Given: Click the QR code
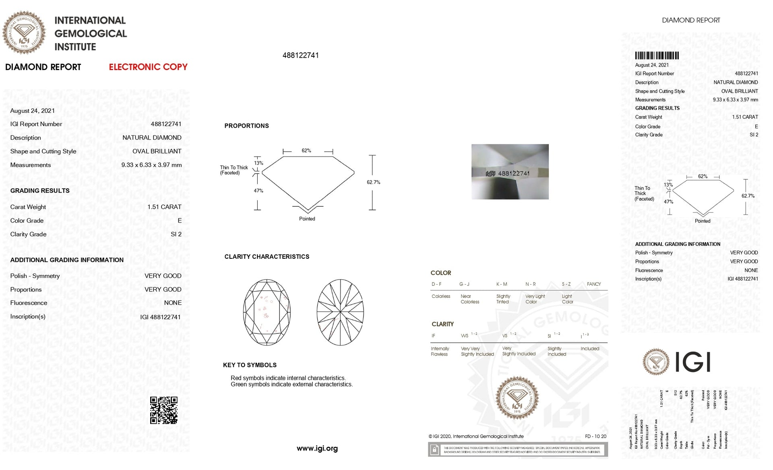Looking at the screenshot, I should tap(163, 410).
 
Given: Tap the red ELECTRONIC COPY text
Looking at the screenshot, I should tap(148, 67).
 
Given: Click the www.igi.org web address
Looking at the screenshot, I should tap(317, 448).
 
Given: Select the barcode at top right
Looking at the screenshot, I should tap(657, 56).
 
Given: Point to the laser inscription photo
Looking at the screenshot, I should tap(510, 172).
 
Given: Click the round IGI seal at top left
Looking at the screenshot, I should tap(24, 33).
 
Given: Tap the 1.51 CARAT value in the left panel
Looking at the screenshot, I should tap(164, 207).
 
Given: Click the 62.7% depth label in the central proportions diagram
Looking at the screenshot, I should tap(373, 182).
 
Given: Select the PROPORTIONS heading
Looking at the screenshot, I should tap(246, 126).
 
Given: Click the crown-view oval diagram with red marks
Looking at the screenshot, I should tap(267, 312).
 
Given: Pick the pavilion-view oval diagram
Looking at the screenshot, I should tap(340, 312).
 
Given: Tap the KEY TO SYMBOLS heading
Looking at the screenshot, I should tap(250, 365).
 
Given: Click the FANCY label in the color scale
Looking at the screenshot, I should tap(593, 284).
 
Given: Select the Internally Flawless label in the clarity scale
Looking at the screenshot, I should tap(440, 351).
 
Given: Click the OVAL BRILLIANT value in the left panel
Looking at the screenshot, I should tap(157, 151).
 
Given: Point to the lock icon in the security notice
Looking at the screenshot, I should tap(434, 450).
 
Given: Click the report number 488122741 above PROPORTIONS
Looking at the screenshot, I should tap(300, 56).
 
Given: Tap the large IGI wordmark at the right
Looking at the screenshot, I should tap(692, 362).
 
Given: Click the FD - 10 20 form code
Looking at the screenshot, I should tap(595, 436).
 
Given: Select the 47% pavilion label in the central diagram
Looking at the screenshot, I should tap(258, 191).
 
